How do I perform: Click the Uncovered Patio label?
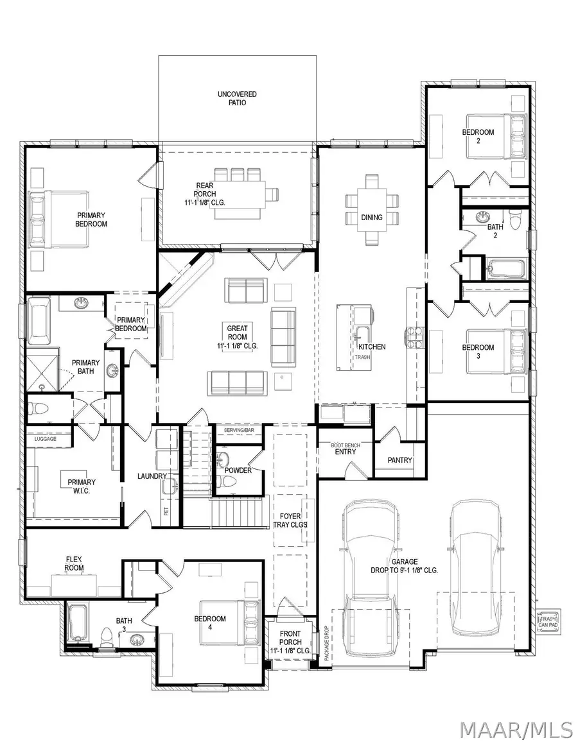(x=237, y=98)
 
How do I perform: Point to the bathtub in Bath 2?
(x=498, y=268)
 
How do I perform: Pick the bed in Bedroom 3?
(x=513, y=352)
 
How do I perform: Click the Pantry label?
(x=400, y=460)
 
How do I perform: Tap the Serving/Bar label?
(x=237, y=429)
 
